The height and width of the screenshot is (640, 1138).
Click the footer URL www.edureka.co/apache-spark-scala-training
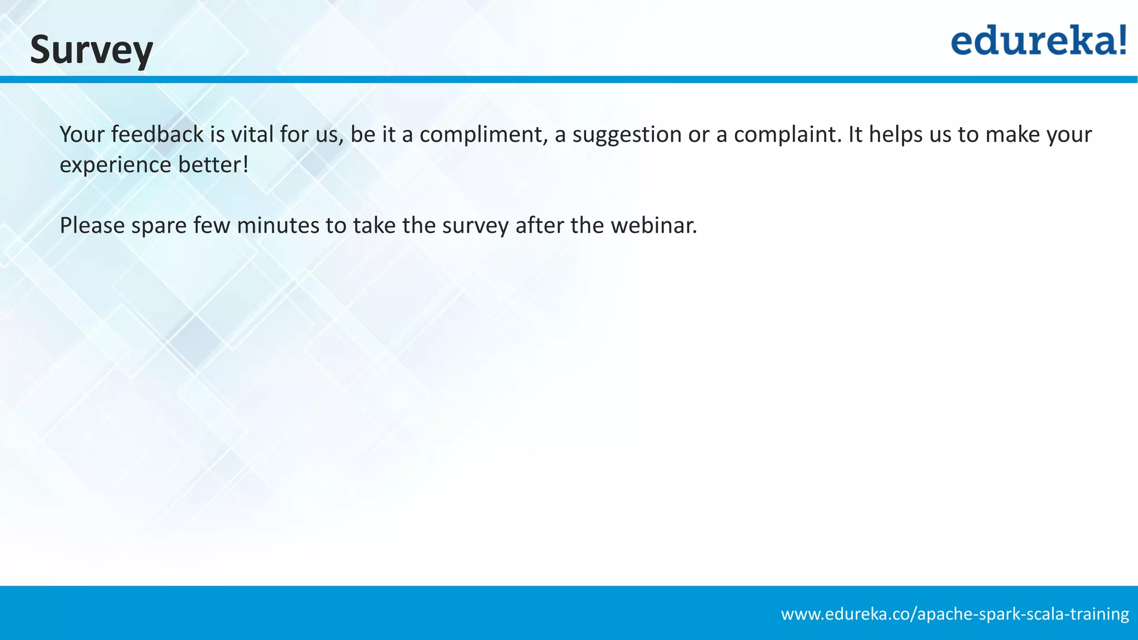[x=955, y=614]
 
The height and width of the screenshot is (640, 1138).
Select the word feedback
[x=157, y=134]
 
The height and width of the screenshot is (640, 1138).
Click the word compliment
[x=481, y=134]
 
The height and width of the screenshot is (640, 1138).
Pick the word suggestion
[x=627, y=134]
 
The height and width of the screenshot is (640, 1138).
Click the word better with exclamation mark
[x=214, y=165]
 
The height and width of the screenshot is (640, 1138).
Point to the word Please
[x=92, y=226]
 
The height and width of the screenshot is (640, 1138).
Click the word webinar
[x=654, y=226]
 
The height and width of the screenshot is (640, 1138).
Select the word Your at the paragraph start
[x=82, y=134]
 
